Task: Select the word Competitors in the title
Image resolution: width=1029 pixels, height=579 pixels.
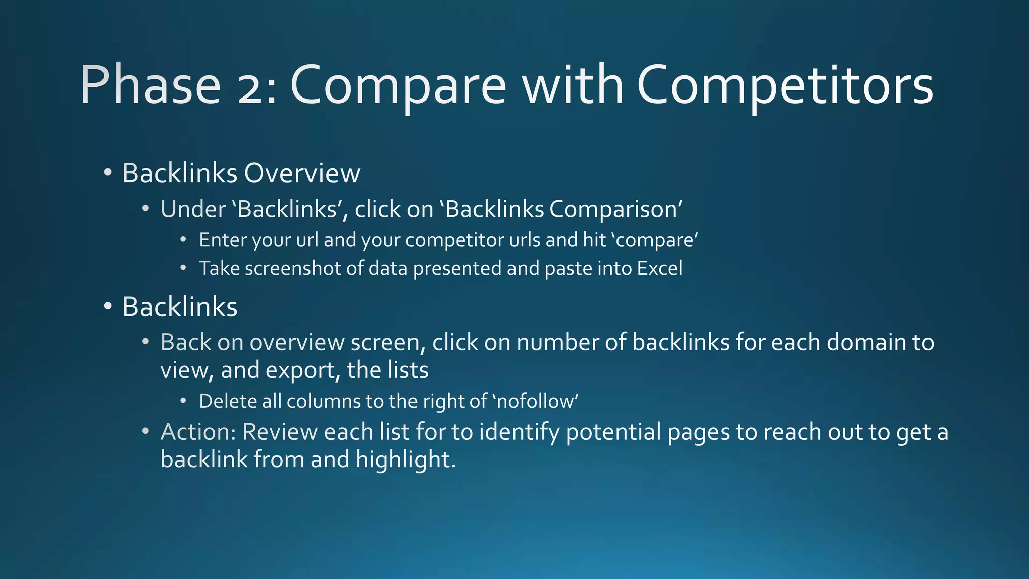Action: [x=785, y=85]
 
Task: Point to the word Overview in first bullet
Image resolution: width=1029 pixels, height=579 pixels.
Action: [x=302, y=173]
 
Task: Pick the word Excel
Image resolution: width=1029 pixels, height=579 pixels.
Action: [x=660, y=268]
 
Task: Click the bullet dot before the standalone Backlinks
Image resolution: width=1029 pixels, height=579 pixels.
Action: [x=107, y=307]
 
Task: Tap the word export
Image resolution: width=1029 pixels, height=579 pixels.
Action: [x=298, y=371]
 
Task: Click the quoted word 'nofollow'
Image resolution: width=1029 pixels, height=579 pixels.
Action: [x=536, y=401]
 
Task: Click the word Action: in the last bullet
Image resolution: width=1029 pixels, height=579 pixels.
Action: [x=198, y=432]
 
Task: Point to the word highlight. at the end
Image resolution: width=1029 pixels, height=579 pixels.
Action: [x=405, y=460]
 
